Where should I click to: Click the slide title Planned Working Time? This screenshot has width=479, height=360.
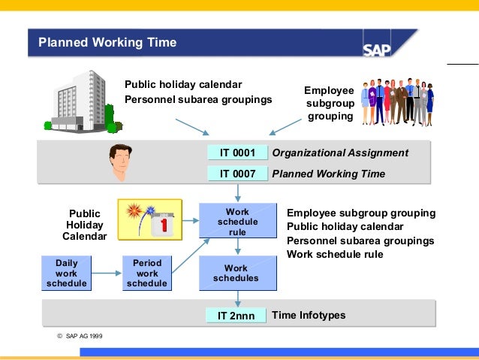click(107, 43)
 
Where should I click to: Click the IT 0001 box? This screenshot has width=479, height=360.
click(237, 153)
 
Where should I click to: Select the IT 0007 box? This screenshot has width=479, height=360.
click(237, 174)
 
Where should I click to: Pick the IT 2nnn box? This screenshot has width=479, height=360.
click(236, 316)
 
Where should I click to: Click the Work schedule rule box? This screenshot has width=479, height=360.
click(237, 222)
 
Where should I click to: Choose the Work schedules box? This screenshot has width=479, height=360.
click(237, 274)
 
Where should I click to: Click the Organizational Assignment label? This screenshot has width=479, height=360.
click(340, 153)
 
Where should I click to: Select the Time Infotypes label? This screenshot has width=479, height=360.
click(309, 315)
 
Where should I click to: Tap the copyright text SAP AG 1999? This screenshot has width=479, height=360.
click(80, 335)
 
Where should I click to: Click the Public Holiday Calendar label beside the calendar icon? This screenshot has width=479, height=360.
click(84, 225)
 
